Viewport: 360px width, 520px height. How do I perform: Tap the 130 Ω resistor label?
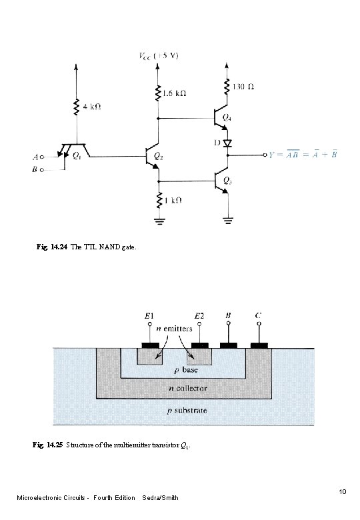pos(244,86)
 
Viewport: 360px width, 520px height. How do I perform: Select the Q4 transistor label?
pos(227,118)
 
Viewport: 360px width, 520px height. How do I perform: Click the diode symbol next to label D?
pos(228,143)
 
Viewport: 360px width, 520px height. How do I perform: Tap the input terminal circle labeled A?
pos(41,158)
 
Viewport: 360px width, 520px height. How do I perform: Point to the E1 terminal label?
pos(149,316)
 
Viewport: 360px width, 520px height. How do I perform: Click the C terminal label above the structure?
pos(258,315)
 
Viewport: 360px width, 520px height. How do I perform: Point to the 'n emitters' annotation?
pos(175,328)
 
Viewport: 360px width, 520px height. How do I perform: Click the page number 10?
pos(342,492)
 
